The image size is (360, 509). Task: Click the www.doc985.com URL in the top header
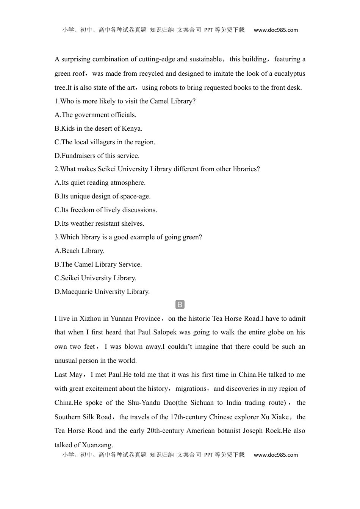[275, 30]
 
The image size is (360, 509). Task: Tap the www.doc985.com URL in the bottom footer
[275, 455]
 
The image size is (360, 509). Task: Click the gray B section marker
[180, 304]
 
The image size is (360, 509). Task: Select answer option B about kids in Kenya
[99, 128]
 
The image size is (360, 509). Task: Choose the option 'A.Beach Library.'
[80, 251]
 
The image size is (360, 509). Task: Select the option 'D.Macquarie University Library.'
[102, 292]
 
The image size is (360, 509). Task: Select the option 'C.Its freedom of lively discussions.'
[106, 210]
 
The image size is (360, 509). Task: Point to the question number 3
[56, 237]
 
